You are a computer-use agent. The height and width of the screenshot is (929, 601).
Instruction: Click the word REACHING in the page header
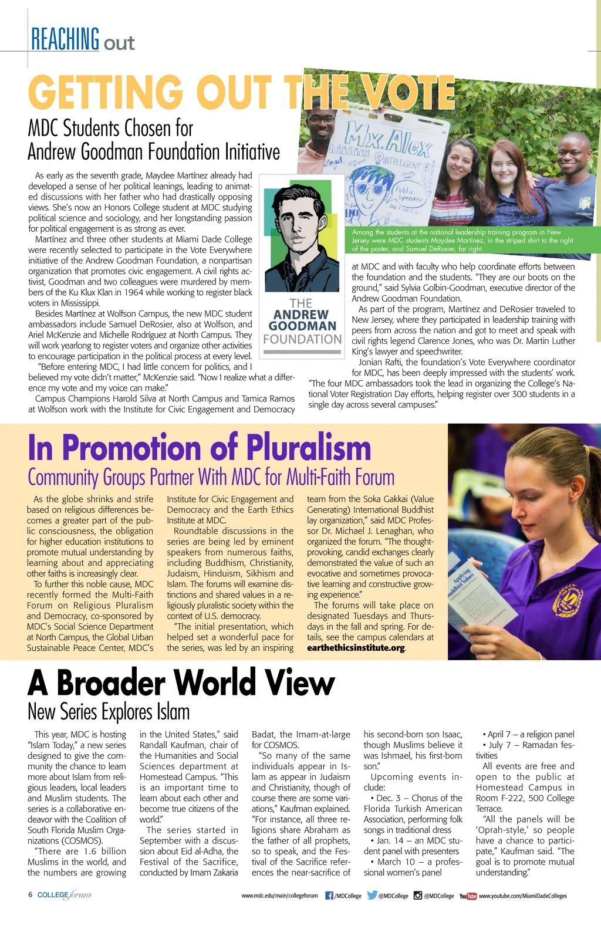coord(65,39)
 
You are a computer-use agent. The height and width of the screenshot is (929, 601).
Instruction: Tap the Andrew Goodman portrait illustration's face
coord(300,223)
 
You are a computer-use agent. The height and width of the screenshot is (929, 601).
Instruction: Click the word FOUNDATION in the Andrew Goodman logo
coord(302,339)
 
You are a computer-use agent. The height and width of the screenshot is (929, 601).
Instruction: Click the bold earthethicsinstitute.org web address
coord(356,648)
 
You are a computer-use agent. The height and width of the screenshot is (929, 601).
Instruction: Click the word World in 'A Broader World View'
coord(214,683)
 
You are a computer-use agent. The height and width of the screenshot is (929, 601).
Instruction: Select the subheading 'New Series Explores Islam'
coord(109,712)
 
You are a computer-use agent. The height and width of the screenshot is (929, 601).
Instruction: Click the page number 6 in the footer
coord(31,895)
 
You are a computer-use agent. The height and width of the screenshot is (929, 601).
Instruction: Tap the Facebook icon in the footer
coord(329,896)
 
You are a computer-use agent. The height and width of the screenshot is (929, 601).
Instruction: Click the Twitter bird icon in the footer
coord(372,896)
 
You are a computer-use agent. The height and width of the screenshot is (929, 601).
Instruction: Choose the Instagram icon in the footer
coord(418,896)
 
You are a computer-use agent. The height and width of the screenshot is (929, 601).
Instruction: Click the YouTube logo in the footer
coord(468,896)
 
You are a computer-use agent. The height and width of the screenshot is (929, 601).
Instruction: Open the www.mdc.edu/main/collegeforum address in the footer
coord(279,896)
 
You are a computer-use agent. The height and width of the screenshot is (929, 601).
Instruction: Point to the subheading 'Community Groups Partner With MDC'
coord(211,477)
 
